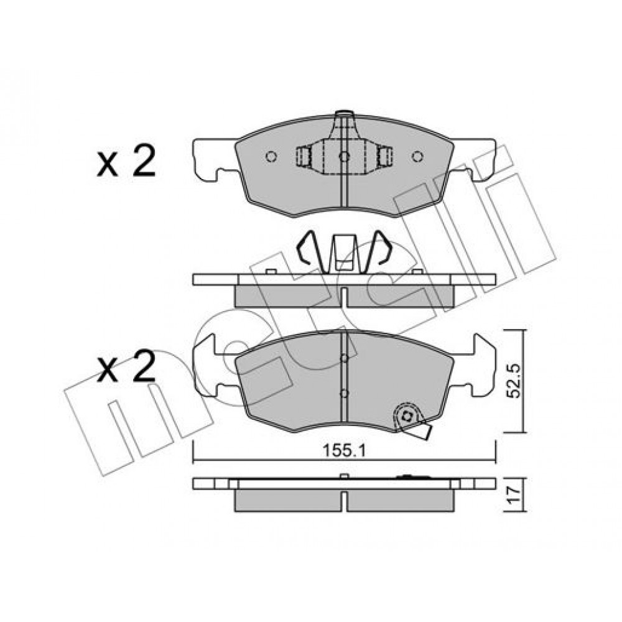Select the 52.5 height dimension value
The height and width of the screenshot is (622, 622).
point(515,381)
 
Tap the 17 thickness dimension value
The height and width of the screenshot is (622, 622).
point(514,496)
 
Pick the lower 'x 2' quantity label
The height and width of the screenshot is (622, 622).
point(126,366)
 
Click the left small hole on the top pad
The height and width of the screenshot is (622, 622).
point(271,157)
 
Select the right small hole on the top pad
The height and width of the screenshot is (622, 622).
point(417,157)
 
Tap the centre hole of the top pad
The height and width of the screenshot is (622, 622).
point(345,157)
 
